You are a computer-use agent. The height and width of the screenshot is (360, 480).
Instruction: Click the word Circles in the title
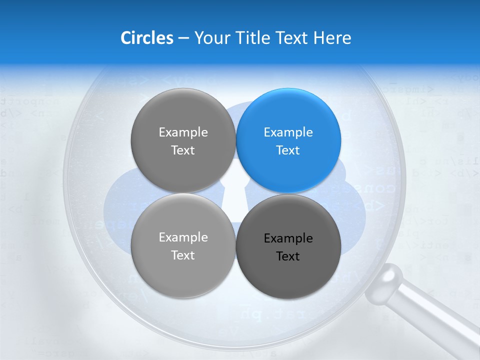click(x=146, y=38)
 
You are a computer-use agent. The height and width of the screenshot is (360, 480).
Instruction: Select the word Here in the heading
click(x=332, y=38)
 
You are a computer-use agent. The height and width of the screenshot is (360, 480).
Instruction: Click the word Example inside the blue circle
click(x=288, y=132)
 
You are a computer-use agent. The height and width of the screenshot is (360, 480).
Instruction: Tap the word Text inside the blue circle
click(x=288, y=150)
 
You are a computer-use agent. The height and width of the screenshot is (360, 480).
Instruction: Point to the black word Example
click(x=288, y=238)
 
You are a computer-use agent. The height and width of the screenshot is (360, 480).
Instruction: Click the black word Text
click(x=288, y=256)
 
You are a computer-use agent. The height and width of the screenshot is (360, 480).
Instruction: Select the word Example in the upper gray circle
click(x=183, y=132)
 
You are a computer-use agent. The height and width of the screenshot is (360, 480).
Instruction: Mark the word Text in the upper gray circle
click(x=183, y=150)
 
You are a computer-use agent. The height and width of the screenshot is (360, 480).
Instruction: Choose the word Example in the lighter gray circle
click(x=183, y=237)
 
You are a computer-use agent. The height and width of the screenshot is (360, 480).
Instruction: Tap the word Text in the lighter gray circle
click(x=183, y=255)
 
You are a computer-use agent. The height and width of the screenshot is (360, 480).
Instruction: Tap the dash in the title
click(x=183, y=38)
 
